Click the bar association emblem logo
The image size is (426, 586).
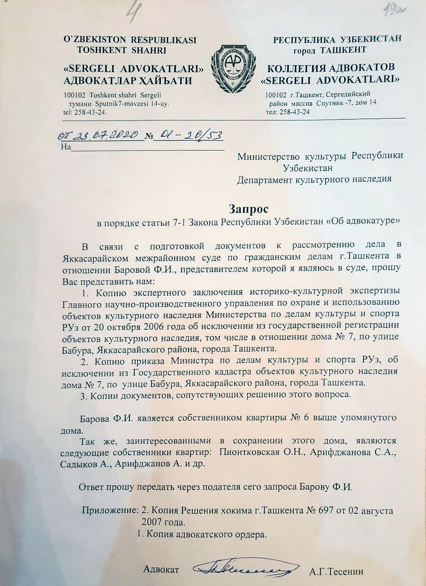pos(233,68)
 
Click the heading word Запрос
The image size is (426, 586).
pos(249,208)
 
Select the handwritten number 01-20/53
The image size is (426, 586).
pos(189,135)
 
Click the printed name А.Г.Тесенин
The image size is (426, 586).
pos(336,572)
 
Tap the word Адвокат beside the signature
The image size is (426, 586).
pos(161,570)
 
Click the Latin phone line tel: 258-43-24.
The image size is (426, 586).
pos(84,113)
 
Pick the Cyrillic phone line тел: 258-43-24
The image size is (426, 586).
pos(288,112)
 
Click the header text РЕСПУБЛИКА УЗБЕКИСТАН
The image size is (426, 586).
pos(337,39)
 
